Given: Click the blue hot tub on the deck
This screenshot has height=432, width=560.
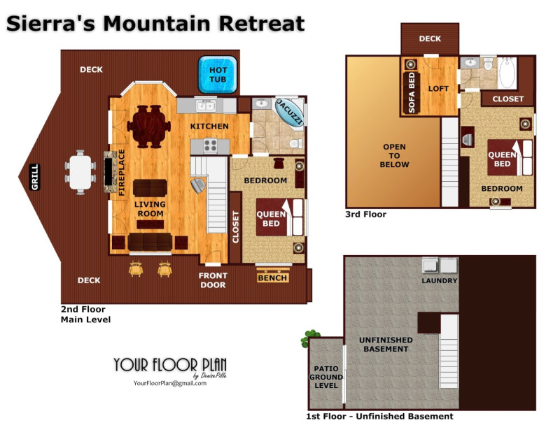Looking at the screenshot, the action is click(218, 75).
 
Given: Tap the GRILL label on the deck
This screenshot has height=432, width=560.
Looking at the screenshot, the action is click(34, 177).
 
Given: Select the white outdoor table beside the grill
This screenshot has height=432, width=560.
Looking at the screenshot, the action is click(80, 172).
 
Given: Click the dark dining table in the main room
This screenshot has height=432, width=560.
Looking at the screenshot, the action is click(149, 127).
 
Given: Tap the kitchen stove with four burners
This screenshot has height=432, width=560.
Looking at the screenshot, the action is click(210, 145).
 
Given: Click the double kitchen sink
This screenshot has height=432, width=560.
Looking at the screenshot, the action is click(206, 106).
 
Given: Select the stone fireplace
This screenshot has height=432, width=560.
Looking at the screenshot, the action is click(111, 172).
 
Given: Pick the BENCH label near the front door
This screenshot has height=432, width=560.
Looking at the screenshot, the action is click(272, 278).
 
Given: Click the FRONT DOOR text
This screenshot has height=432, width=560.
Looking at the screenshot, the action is click(213, 280).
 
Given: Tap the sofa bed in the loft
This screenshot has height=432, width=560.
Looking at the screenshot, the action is click(411, 93).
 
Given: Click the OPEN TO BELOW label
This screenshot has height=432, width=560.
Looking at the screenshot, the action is click(394, 156).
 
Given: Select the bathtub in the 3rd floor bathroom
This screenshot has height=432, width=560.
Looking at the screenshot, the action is click(507, 73).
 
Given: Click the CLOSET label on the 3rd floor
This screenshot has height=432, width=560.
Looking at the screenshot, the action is click(508, 99).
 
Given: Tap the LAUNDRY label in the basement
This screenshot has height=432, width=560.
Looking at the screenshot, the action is click(440, 281).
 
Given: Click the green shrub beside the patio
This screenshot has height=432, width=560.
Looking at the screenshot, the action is click(309, 338).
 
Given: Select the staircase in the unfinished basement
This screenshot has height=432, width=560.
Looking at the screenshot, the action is click(449, 352).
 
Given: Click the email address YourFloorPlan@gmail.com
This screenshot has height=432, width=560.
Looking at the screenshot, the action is click(170, 383).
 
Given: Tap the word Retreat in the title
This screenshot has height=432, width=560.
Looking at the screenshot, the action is click(262, 24).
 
